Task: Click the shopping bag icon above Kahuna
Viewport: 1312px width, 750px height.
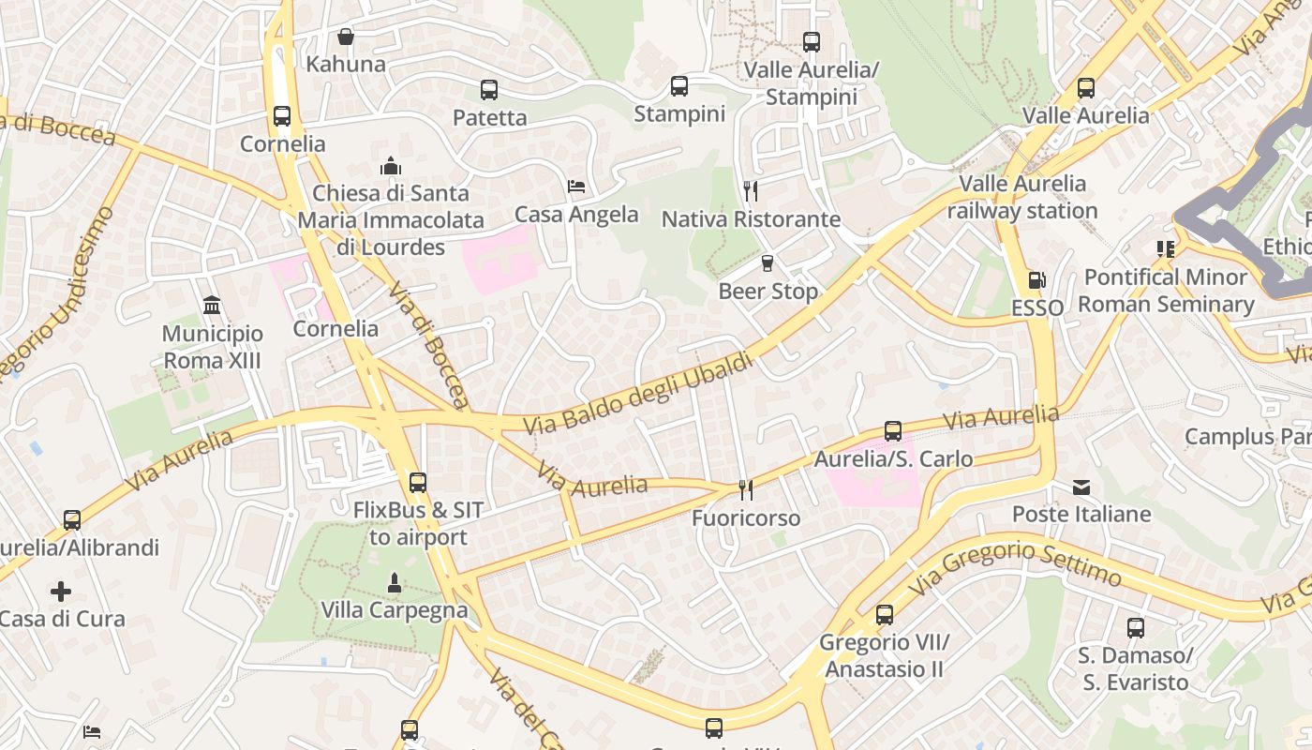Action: [346, 37]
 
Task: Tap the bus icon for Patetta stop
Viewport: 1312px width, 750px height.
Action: [488, 90]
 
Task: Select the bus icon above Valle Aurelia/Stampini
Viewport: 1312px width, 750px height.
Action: [811, 42]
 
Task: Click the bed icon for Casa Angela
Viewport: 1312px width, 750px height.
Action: [576, 187]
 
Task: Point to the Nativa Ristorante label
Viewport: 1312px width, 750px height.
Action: [751, 219]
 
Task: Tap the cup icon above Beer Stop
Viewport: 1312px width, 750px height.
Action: [768, 263]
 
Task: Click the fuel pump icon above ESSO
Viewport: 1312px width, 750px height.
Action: [1036, 279]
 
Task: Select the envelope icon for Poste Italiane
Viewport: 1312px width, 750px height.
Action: [1081, 487]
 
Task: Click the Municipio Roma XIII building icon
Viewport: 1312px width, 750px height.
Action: [212, 306]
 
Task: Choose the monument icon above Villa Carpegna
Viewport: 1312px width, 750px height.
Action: [394, 582]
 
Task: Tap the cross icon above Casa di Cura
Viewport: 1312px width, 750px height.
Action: [61, 592]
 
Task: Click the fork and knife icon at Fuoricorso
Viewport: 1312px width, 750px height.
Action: [746, 489]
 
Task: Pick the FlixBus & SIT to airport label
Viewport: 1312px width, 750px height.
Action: [418, 523]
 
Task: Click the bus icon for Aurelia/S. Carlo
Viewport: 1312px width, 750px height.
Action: [893, 431]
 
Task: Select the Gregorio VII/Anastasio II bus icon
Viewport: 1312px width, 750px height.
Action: [884, 615]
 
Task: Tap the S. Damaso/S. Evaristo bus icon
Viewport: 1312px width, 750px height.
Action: [1135, 627]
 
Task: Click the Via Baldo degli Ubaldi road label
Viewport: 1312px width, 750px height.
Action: [637, 393]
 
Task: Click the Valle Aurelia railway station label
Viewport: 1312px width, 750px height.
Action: [1021, 197]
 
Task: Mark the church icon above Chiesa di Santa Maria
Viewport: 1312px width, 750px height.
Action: [391, 166]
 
